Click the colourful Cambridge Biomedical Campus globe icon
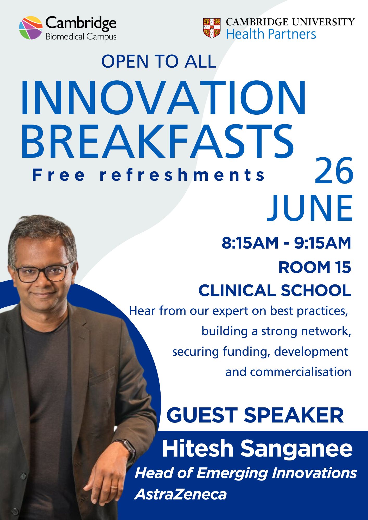coord(31,28)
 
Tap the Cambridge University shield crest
coord(212,28)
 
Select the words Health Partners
coord(271,34)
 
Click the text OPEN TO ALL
coord(158,62)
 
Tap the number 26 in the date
coord(334,171)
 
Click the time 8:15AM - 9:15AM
coord(287,243)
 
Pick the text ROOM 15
coord(315,268)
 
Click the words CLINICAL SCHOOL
coord(275,290)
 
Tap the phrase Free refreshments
coord(148,175)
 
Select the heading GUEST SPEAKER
coord(255,415)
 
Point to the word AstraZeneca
coord(180,494)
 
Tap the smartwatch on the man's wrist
coord(128,448)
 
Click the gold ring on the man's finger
coord(114,486)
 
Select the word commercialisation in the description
coord(288,372)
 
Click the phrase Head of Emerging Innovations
coord(246,473)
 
